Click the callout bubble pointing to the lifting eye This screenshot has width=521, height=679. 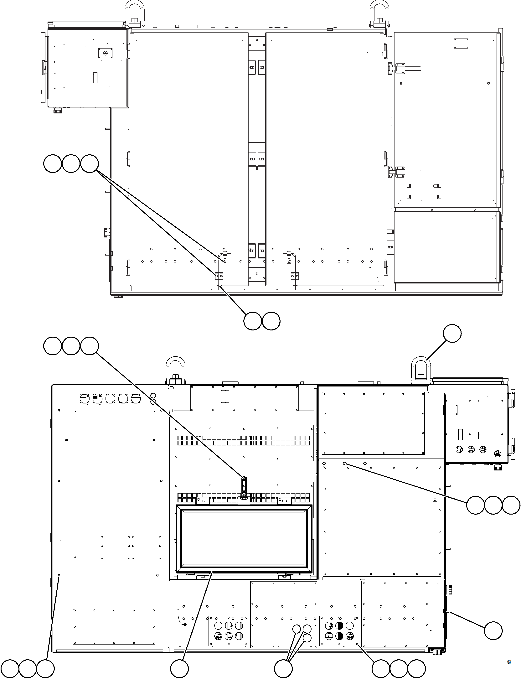click(452, 334)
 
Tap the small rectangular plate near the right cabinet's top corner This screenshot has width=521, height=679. click(461, 44)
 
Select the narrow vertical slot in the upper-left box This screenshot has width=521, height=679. click(95, 78)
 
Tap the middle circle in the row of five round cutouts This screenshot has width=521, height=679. click(110, 398)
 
